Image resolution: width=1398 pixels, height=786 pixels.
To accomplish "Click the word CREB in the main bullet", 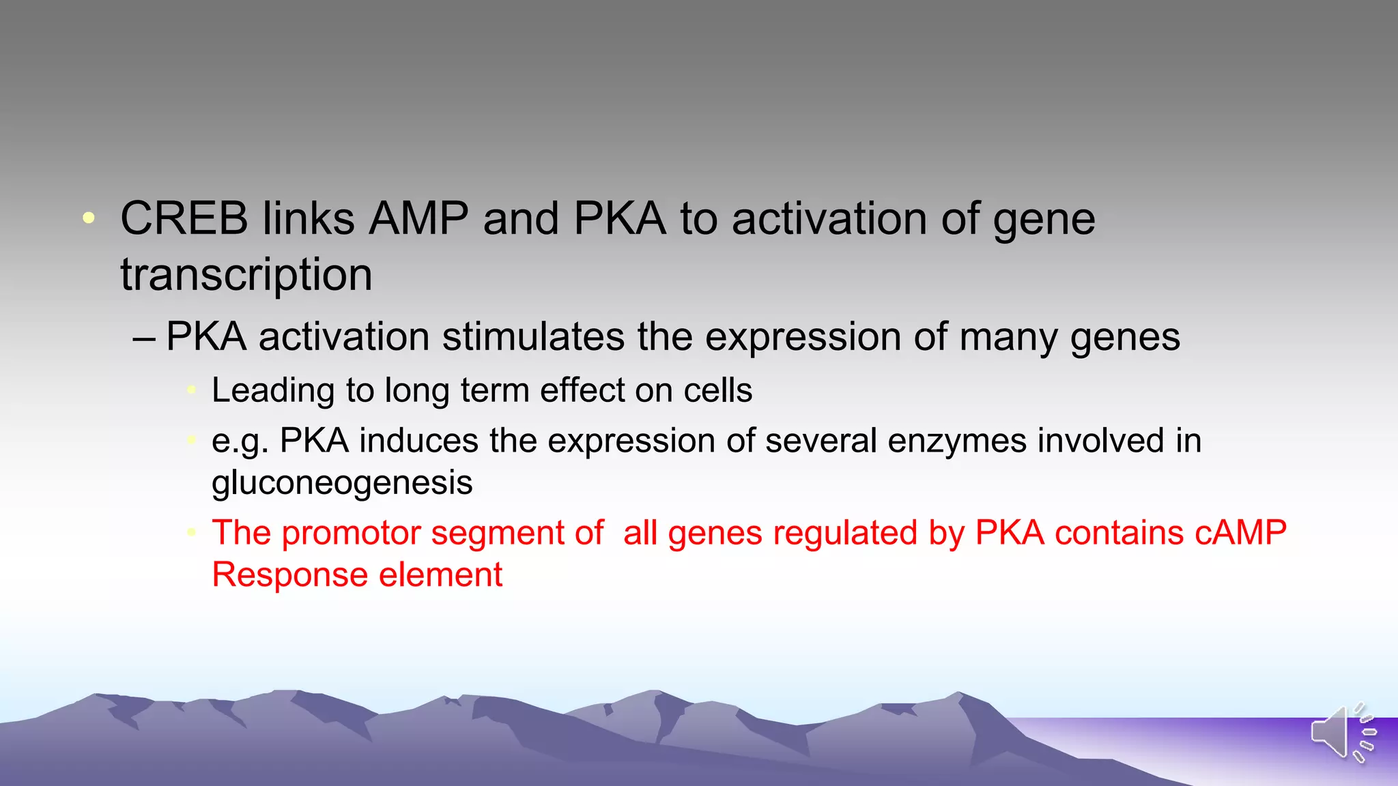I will [x=184, y=219].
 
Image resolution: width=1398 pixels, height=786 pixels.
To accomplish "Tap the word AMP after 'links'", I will [x=418, y=219].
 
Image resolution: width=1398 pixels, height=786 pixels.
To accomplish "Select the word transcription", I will [x=246, y=275].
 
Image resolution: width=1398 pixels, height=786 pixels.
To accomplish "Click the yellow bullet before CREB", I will [x=89, y=218].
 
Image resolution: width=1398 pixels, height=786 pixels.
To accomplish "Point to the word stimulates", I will [x=533, y=337].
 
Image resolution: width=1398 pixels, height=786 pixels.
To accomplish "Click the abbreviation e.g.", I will [x=240, y=441].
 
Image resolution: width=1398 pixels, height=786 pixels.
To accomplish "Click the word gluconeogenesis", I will [x=342, y=484].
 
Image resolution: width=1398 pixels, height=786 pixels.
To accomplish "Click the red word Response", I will [x=289, y=574].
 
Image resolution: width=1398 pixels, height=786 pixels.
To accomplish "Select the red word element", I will [x=440, y=574].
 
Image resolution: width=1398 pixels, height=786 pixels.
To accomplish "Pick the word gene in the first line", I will [x=1044, y=220].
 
